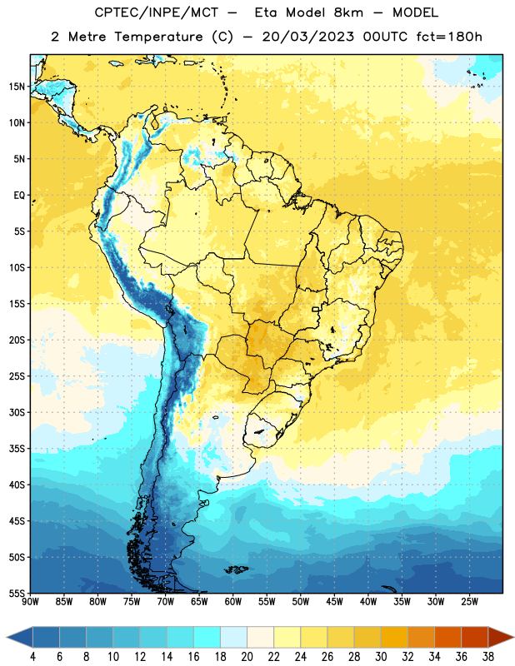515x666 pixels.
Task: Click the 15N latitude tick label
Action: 17,87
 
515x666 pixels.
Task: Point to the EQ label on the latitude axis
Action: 19,196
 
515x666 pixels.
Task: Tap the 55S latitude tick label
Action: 17,593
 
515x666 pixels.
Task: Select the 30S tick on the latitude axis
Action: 17,412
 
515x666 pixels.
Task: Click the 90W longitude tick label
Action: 30,602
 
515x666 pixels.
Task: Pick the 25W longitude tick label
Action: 469,602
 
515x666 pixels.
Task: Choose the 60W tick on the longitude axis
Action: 233,602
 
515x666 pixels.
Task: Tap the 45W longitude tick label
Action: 334,602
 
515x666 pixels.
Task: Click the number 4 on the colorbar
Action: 32,657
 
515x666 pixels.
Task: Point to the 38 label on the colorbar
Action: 487,657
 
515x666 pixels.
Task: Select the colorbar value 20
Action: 247,657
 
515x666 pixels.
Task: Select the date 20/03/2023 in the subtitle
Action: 307,37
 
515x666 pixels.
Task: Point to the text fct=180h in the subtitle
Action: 449,37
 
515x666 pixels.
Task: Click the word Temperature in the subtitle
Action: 158,37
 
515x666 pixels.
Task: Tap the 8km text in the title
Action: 348,12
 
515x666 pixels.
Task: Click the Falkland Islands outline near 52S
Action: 236,569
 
